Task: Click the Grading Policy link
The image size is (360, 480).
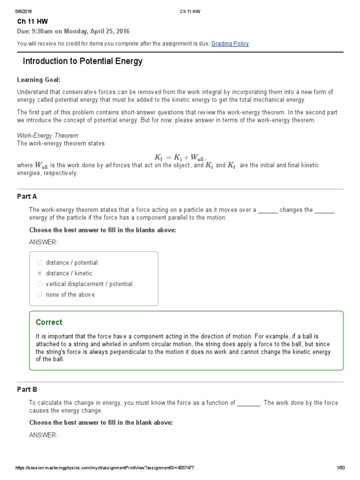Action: (x=230, y=44)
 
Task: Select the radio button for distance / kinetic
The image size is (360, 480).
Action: (x=40, y=273)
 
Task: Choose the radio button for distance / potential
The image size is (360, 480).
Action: (x=40, y=262)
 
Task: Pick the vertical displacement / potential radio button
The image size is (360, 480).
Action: (x=40, y=284)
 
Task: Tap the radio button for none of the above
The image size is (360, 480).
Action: (x=40, y=295)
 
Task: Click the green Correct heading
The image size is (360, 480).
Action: (x=49, y=322)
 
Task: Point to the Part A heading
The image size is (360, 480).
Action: (x=27, y=196)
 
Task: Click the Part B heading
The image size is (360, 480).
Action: (x=27, y=390)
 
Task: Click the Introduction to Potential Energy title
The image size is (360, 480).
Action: (x=82, y=61)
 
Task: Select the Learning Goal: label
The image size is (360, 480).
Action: (x=39, y=80)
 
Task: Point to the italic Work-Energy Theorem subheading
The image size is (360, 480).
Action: (x=48, y=135)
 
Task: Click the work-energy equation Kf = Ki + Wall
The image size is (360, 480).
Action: (x=180, y=157)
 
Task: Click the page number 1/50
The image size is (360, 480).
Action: (x=340, y=468)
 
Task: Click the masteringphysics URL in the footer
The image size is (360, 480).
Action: (x=105, y=468)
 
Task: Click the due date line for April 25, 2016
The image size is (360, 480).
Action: (x=73, y=31)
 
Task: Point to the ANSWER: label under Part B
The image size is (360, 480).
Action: (x=43, y=435)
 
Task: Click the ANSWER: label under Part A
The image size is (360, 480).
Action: (x=43, y=242)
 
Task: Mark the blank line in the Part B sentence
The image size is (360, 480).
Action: (x=248, y=403)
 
